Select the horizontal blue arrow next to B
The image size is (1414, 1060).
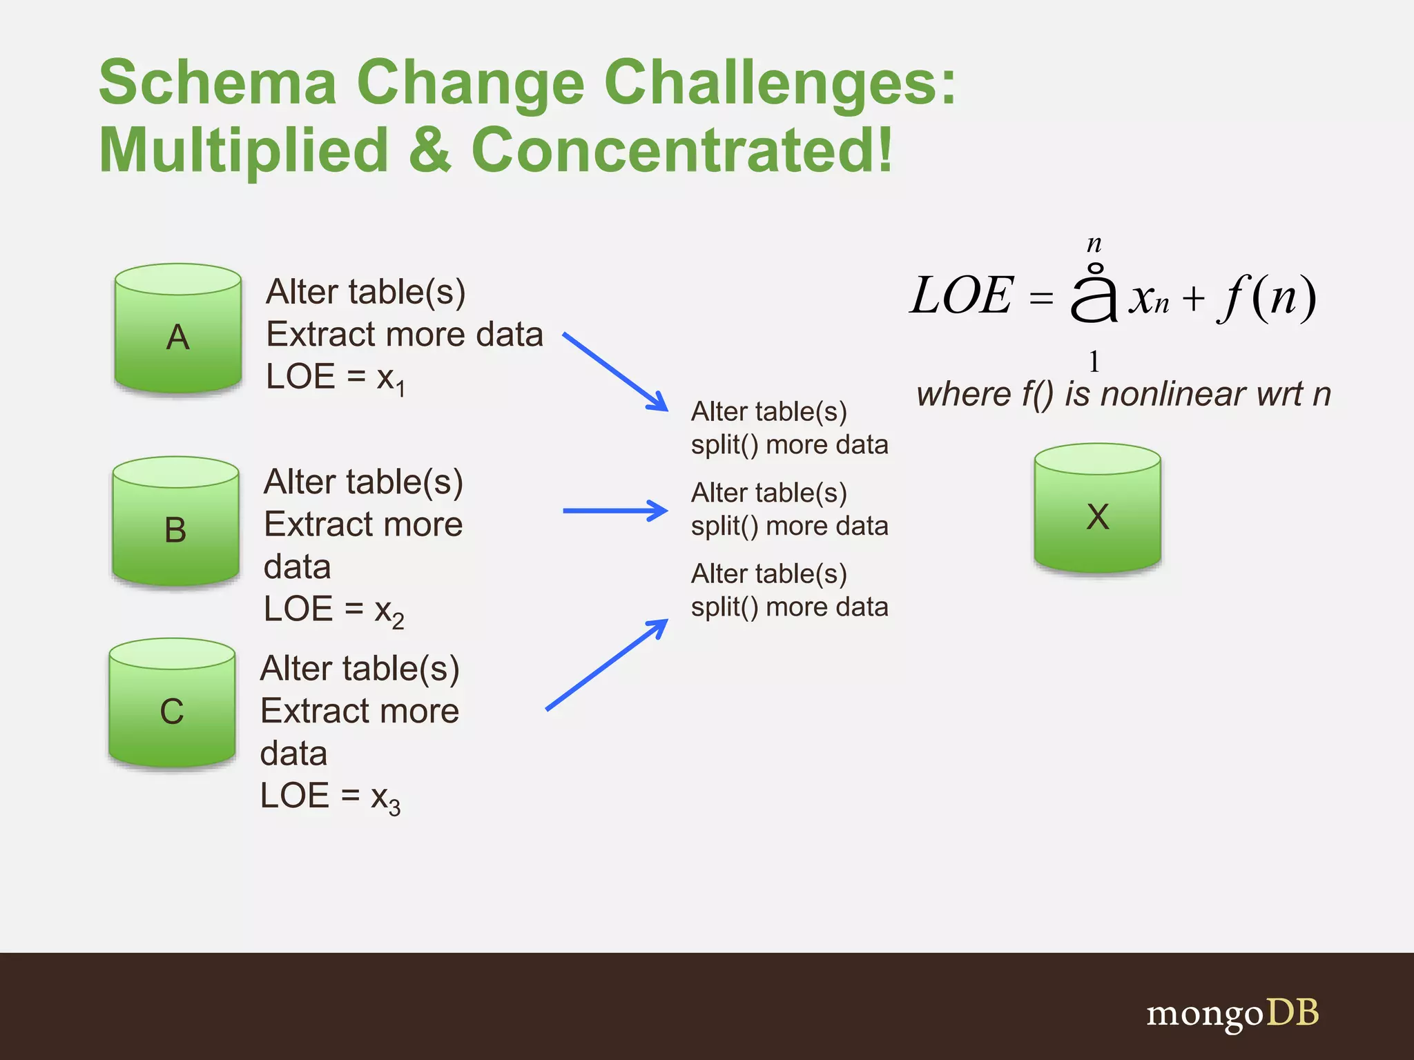tap(614, 511)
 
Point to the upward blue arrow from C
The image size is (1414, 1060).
tap(606, 665)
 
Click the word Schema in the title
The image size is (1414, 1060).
tap(217, 83)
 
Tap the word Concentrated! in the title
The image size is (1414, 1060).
tap(681, 150)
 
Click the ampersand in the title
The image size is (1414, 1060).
tap(429, 150)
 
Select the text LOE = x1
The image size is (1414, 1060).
tap(336, 378)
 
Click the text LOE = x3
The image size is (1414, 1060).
tap(330, 797)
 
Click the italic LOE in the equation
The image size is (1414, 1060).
tap(961, 296)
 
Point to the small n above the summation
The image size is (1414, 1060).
tap(1094, 243)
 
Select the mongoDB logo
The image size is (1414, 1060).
tap(1232, 1013)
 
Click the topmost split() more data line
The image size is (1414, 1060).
tap(789, 445)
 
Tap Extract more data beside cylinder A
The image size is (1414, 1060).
tap(405, 335)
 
